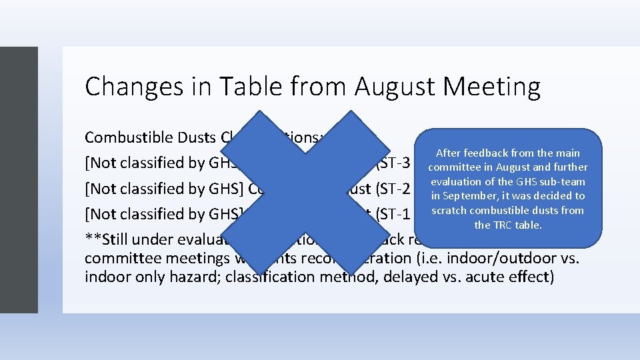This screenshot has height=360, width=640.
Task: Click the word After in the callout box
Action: (x=449, y=153)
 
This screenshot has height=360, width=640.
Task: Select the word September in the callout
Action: (x=474, y=196)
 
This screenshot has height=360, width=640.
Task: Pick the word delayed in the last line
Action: (x=408, y=277)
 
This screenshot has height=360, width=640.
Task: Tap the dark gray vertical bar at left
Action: (x=19, y=180)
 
